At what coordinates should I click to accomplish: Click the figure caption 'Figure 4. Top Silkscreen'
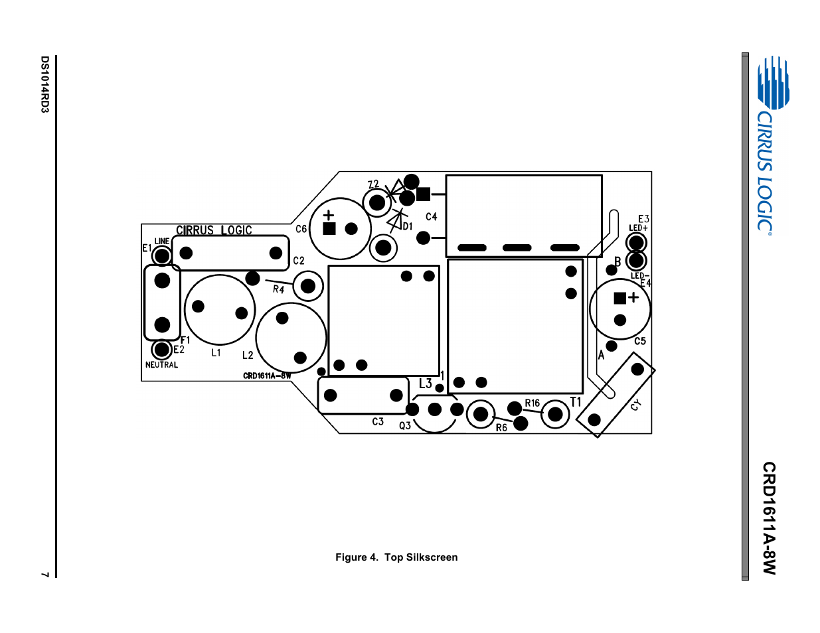(x=396, y=557)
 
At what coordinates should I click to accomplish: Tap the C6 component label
(x=301, y=229)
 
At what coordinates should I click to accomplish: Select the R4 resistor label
(x=279, y=289)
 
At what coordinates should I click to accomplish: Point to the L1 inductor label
(x=216, y=353)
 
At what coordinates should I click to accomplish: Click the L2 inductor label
(x=248, y=355)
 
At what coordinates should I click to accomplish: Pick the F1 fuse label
(x=185, y=340)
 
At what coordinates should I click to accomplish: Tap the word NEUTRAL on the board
(x=161, y=364)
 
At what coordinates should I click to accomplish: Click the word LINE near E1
(x=162, y=242)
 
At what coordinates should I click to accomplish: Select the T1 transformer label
(x=576, y=402)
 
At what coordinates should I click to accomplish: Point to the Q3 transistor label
(x=405, y=425)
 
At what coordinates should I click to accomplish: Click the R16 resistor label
(x=532, y=403)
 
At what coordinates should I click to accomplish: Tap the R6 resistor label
(x=501, y=428)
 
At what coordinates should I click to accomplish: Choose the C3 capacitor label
(x=378, y=421)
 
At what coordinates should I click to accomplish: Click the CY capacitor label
(x=635, y=405)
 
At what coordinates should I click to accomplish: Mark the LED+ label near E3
(x=638, y=228)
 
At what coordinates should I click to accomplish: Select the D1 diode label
(x=408, y=226)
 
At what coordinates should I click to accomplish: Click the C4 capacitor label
(x=432, y=216)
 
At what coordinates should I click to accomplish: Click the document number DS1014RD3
(x=44, y=84)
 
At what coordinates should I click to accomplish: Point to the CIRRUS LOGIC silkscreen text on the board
(x=214, y=230)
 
